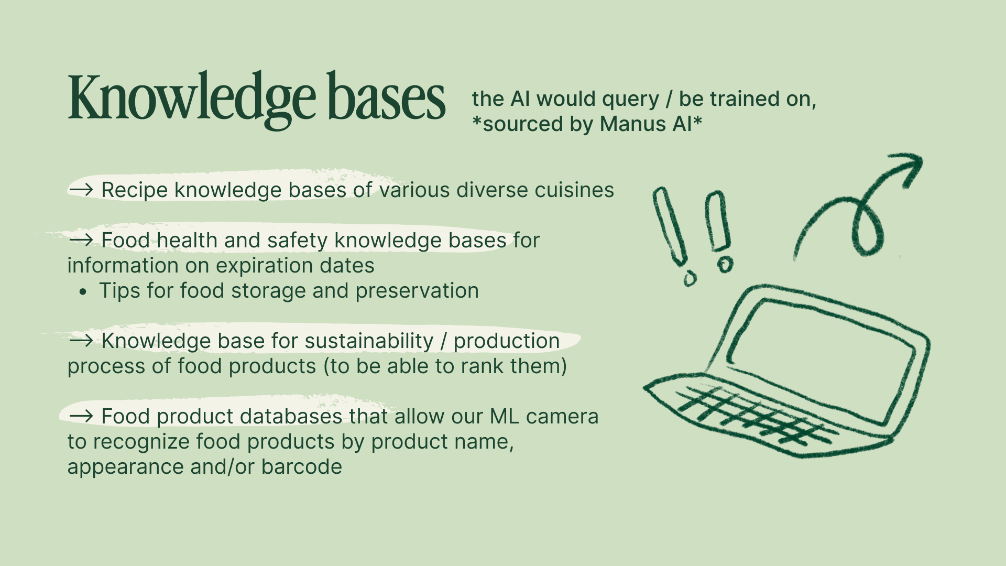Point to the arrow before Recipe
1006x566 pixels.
(x=81, y=189)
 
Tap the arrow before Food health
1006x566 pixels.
(x=81, y=240)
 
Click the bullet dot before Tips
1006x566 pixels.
(x=83, y=292)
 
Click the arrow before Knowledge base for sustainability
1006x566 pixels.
(x=81, y=340)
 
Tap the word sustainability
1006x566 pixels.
(x=369, y=341)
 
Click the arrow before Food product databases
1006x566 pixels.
(x=81, y=416)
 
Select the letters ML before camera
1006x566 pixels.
(x=505, y=417)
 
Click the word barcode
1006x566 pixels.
(x=302, y=467)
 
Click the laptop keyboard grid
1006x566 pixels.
(x=754, y=414)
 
